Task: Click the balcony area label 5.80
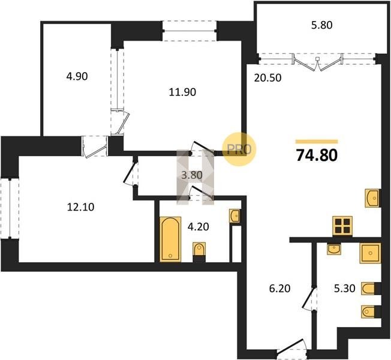321,25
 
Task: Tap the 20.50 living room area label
267,78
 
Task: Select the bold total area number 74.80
317,155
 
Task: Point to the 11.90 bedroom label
182,92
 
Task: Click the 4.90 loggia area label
77,76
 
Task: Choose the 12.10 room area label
80,207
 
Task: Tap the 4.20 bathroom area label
198,227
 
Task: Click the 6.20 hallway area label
280,289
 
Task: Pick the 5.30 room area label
344,289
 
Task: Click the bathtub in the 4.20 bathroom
170,239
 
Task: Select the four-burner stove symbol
342,226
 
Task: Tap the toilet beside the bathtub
199,249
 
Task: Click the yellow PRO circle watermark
239,149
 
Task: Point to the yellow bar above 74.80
317,142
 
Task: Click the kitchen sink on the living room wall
372,198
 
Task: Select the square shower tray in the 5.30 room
370,253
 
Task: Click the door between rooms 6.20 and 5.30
309,299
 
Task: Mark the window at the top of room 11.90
190,31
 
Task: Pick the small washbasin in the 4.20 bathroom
234,215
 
